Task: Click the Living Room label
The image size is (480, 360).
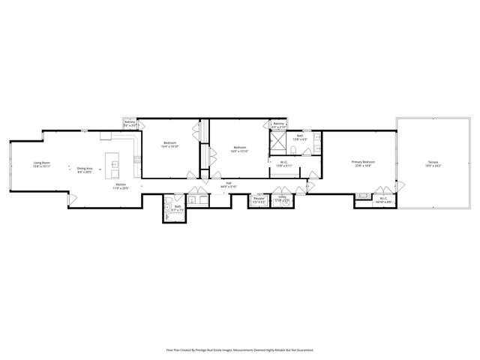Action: point(41,163)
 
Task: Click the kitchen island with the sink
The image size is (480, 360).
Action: point(115,163)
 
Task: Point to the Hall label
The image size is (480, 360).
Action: point(228,183)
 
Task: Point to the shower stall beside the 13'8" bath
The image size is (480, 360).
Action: point(279,139)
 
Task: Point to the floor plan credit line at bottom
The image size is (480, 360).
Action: point(239,349)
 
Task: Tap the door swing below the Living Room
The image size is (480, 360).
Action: point(73,198)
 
